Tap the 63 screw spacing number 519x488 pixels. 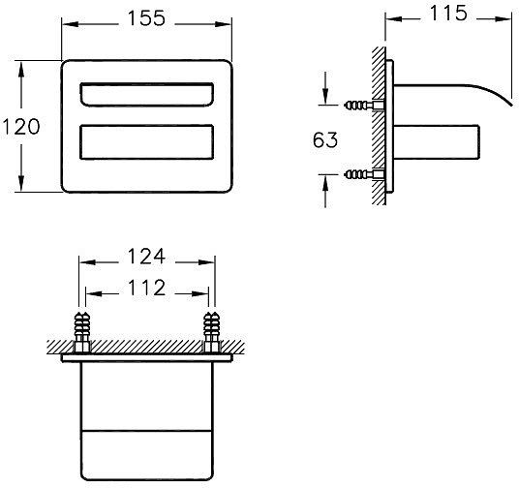click(x=325, y=139)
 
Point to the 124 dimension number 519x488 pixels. click(x=146, y=259)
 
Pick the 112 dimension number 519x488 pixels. click(x=145, y=288)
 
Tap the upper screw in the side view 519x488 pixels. click(x=358, y=103)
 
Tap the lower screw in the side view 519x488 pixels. click(x=358, y=175)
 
